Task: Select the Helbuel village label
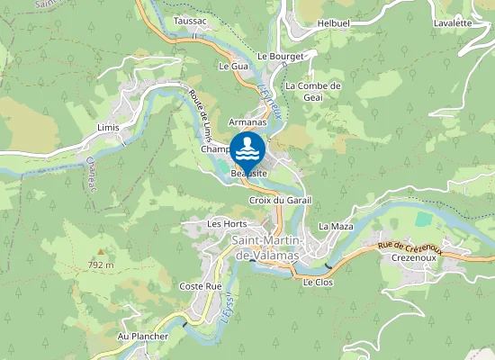[334, 23]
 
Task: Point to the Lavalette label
[452, 23]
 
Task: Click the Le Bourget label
[282, 56]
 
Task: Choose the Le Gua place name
[233, 67]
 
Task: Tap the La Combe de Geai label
[312, 92]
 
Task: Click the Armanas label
[247, 121]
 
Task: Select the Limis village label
[108, 128]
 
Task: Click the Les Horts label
[227, 223]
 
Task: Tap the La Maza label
[337, 226]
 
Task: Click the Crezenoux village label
[414, 257]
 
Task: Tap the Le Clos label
[318, 282]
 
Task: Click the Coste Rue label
[201, 286]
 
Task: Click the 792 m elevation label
[101, 265]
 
